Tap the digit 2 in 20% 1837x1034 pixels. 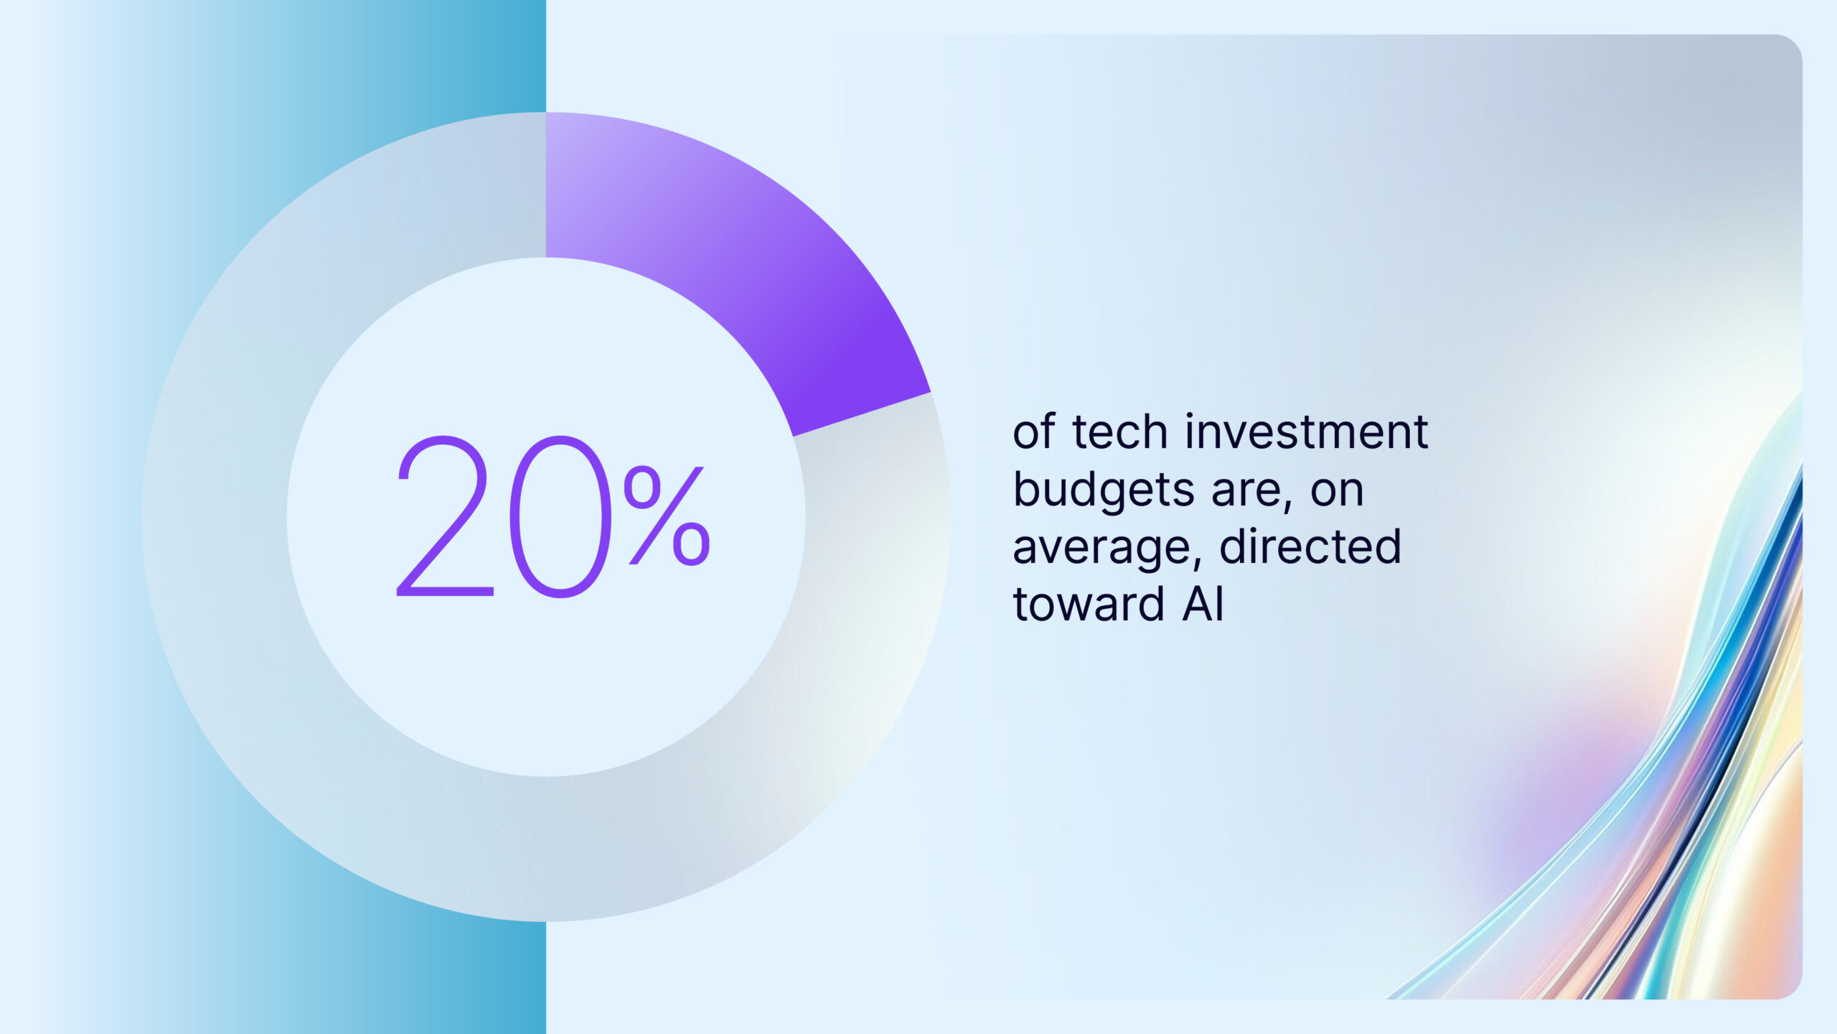pos(443,517)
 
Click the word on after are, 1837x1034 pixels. pos(1336,491)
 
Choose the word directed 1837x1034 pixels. pos(1310,547)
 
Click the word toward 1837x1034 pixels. pos(1088,605)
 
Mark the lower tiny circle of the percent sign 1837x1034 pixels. pos(691,544)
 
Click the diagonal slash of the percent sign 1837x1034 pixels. pos(667,516)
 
